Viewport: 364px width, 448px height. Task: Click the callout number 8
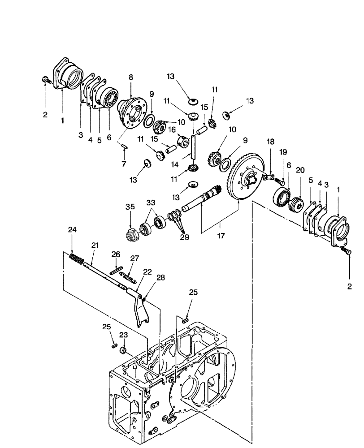click(x=131, y=78)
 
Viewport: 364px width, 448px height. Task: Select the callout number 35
click(x=130, y=207)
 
